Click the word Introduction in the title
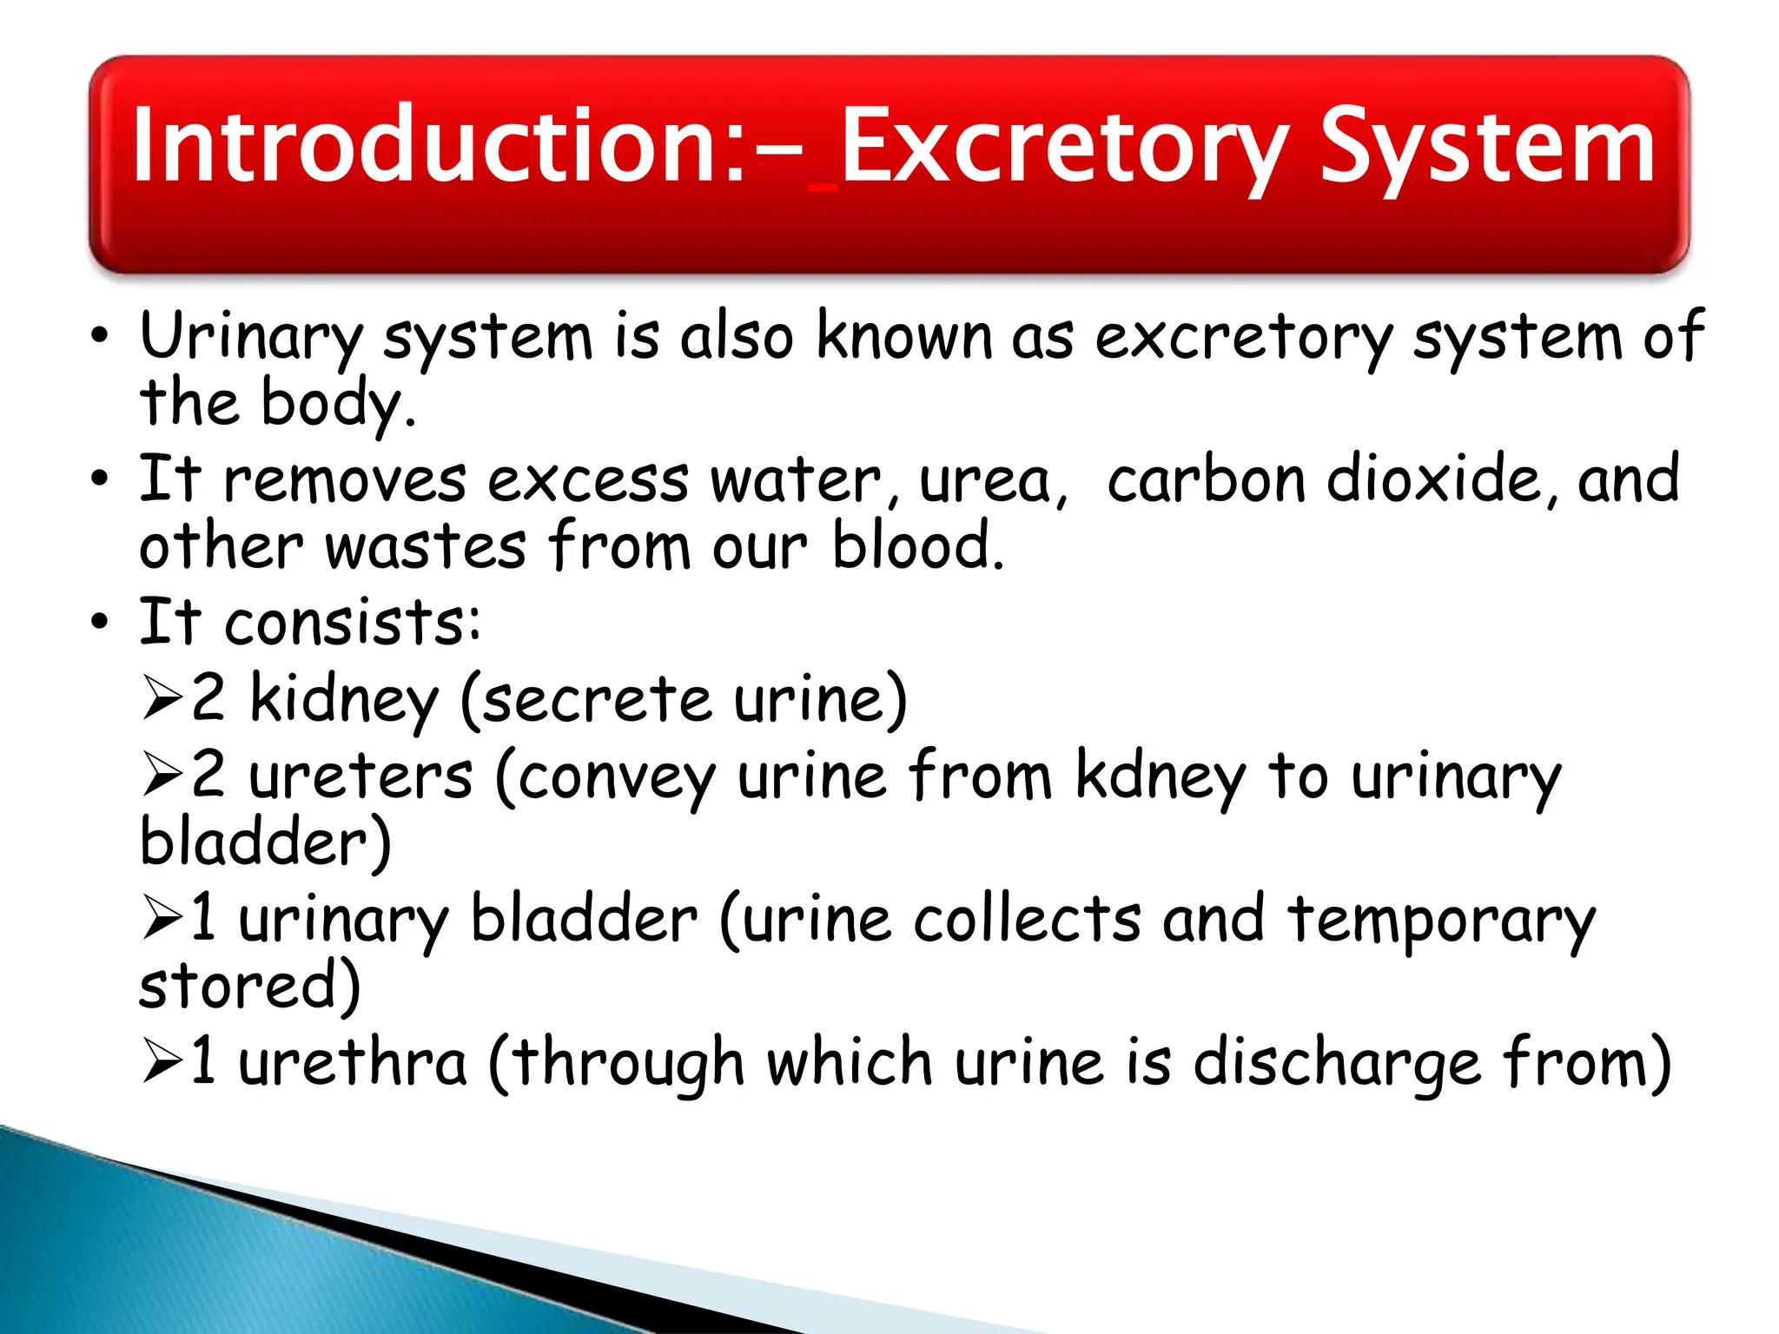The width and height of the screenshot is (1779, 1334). click(x=426, y=145)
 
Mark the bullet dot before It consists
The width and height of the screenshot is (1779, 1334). click(x=101, y=622)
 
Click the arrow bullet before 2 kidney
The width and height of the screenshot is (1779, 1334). click(x=162, y=699)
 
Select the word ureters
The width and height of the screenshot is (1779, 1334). click(x=360, y=776)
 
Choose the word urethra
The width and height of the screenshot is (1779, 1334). click(x=353, y=1062)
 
